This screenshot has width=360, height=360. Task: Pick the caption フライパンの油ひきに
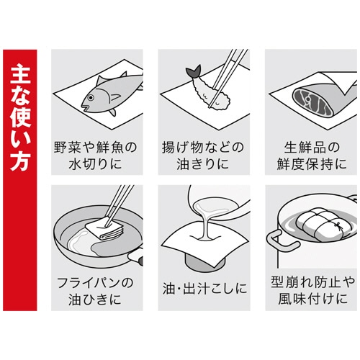(93, 288)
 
